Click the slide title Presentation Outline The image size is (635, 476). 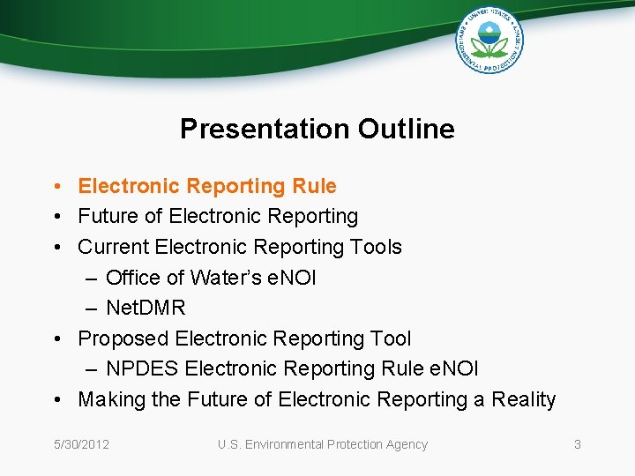click(x=317, y=129)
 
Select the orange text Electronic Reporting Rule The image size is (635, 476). click(x=207, y=186)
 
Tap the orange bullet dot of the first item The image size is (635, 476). click(x=56, y=187)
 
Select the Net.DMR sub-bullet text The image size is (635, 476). click(x=146, y=308)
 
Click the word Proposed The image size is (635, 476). click(x=123, y=338)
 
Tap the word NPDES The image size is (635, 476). click(x=142, y=368)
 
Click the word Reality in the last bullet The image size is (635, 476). click(x=523, y=399)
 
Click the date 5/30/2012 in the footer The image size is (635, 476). click(x=80, y=444)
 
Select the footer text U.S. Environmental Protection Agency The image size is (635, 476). click(x=323, y=444)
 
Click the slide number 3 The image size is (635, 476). click(x=577, y=444)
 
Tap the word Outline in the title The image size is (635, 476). click(x=407, y=129)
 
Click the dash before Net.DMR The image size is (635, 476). click(x=92, y=309)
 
